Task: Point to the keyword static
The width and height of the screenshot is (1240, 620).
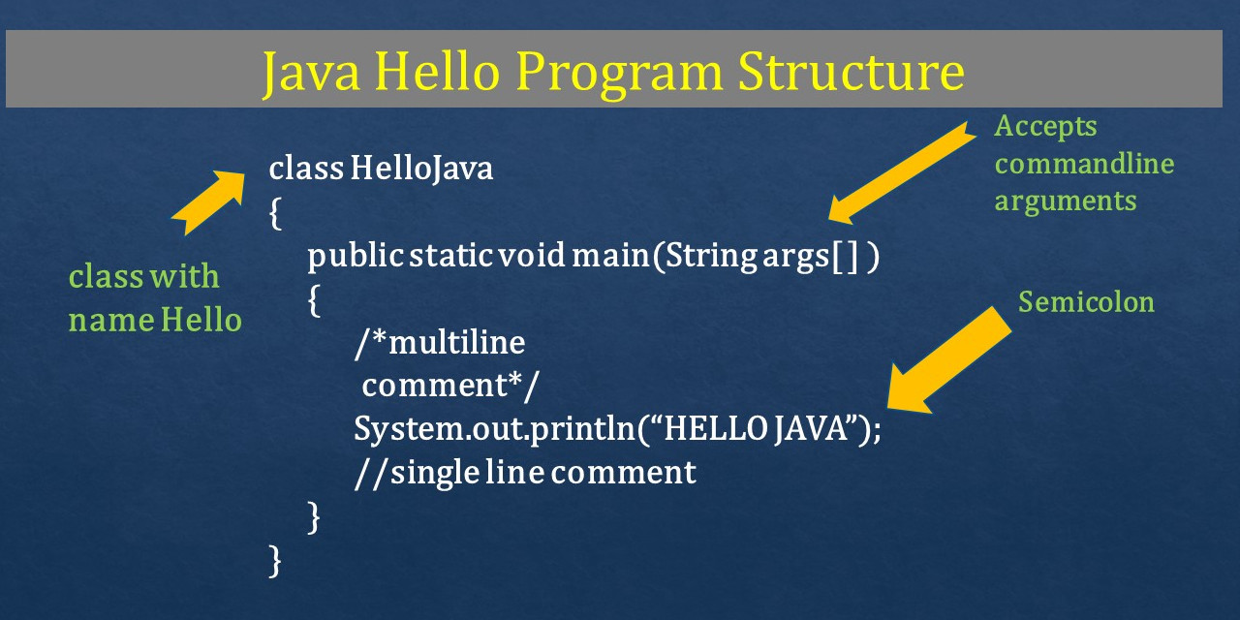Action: click(449, 258)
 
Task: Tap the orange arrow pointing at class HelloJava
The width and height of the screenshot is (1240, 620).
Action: click(211, 201)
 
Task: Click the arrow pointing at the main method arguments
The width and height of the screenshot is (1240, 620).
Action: click(900, 171)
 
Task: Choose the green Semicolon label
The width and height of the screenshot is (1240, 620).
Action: click(1086, 302)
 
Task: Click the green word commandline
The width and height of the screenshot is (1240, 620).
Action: click(1084, 164)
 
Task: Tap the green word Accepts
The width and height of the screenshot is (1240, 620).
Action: click(1045, 126)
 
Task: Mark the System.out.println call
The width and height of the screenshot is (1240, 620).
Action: click(494, 428)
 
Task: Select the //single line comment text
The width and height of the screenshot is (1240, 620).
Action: click(525, 472)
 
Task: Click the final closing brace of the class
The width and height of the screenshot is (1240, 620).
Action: click(275, 561)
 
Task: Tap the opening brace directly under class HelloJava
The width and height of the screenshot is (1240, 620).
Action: click(275, 213)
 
